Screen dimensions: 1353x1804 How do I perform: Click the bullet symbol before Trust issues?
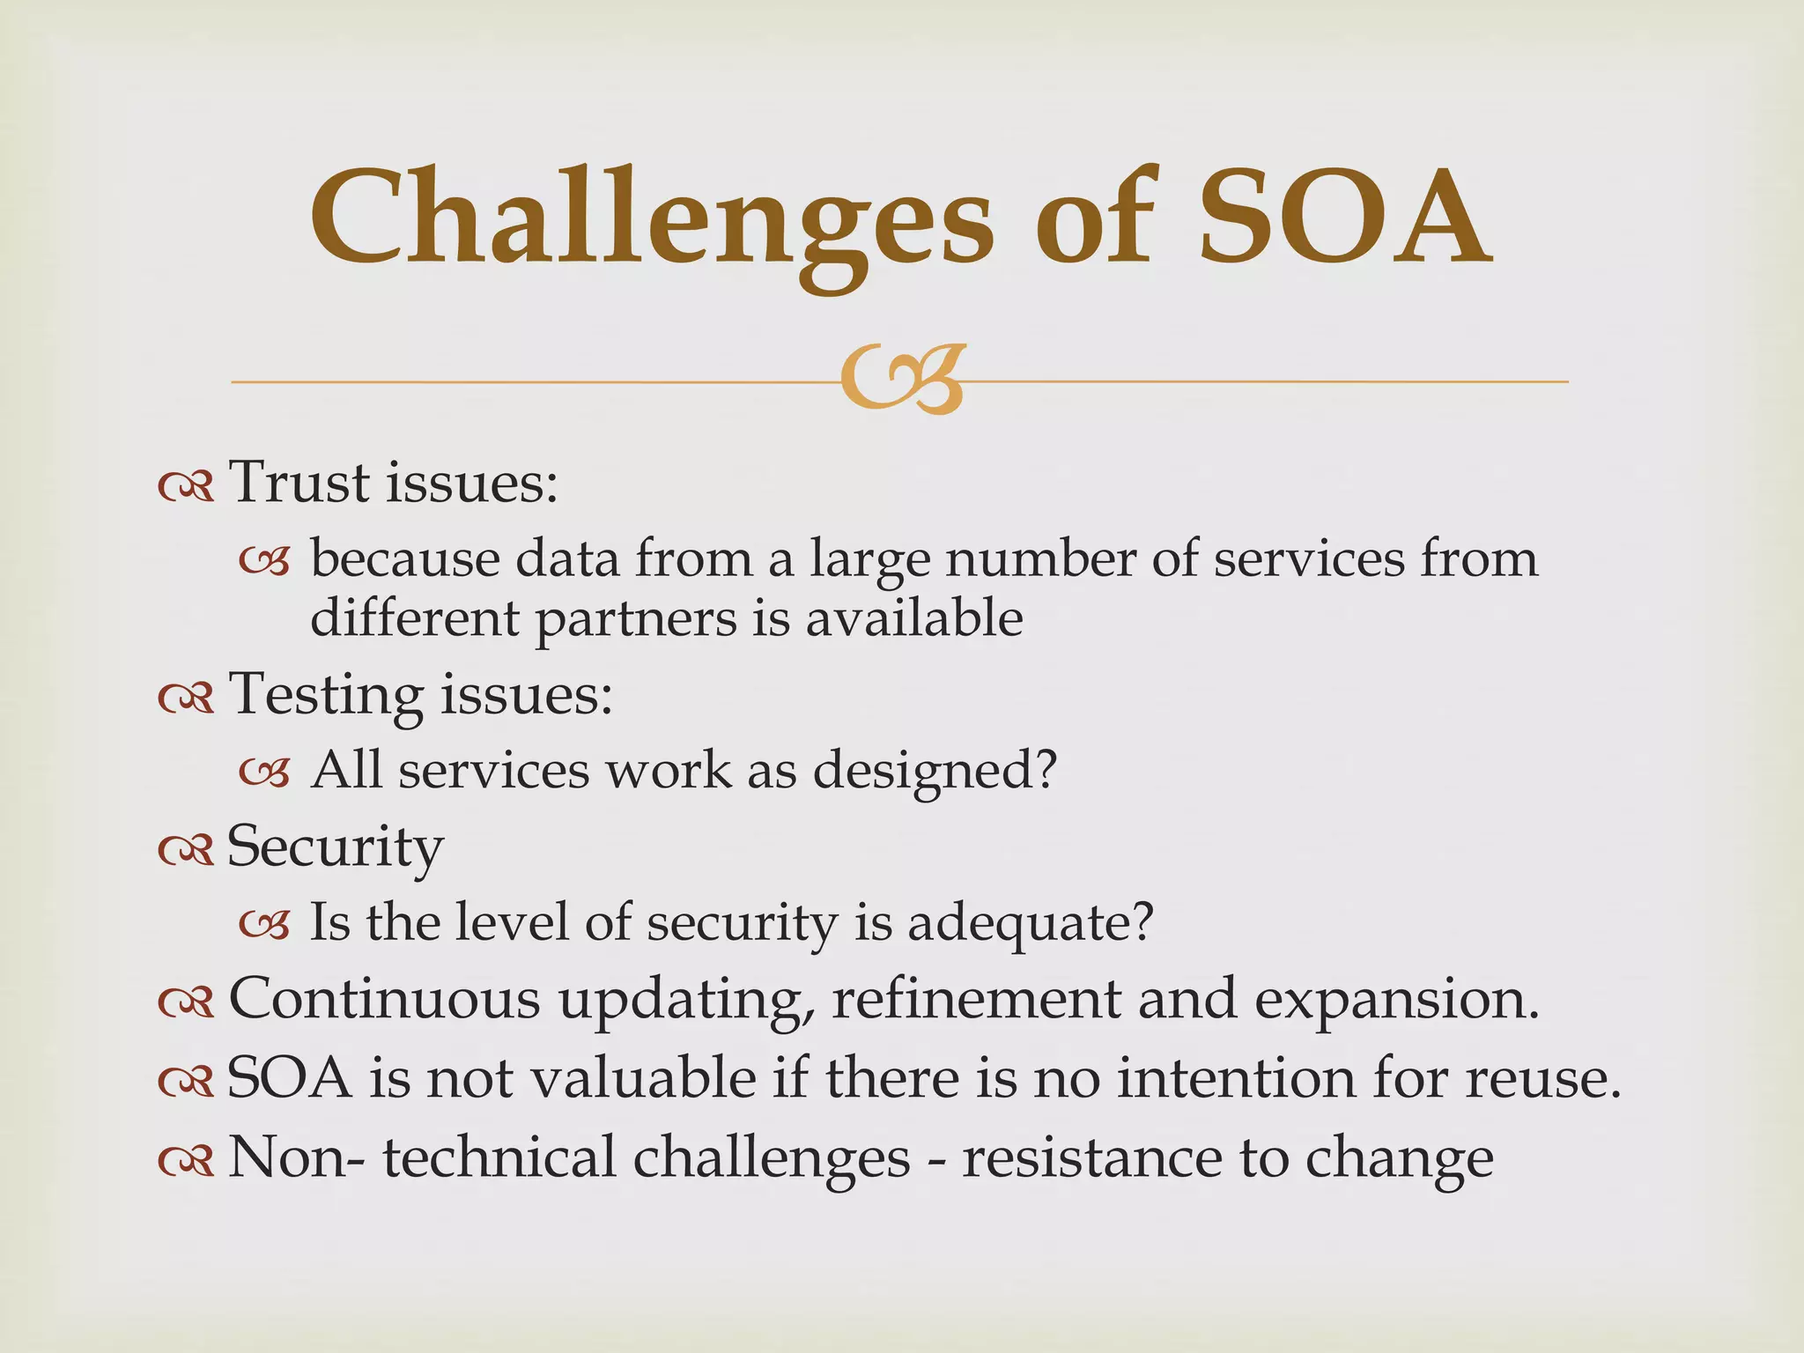[x=186, y=486]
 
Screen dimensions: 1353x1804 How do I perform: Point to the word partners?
[x=636, y=620]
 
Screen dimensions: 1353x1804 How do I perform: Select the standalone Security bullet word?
[x=336, y=848]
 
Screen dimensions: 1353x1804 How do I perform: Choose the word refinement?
[x=976, y=999]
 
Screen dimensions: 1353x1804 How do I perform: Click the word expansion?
[x=1397, y=1001]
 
